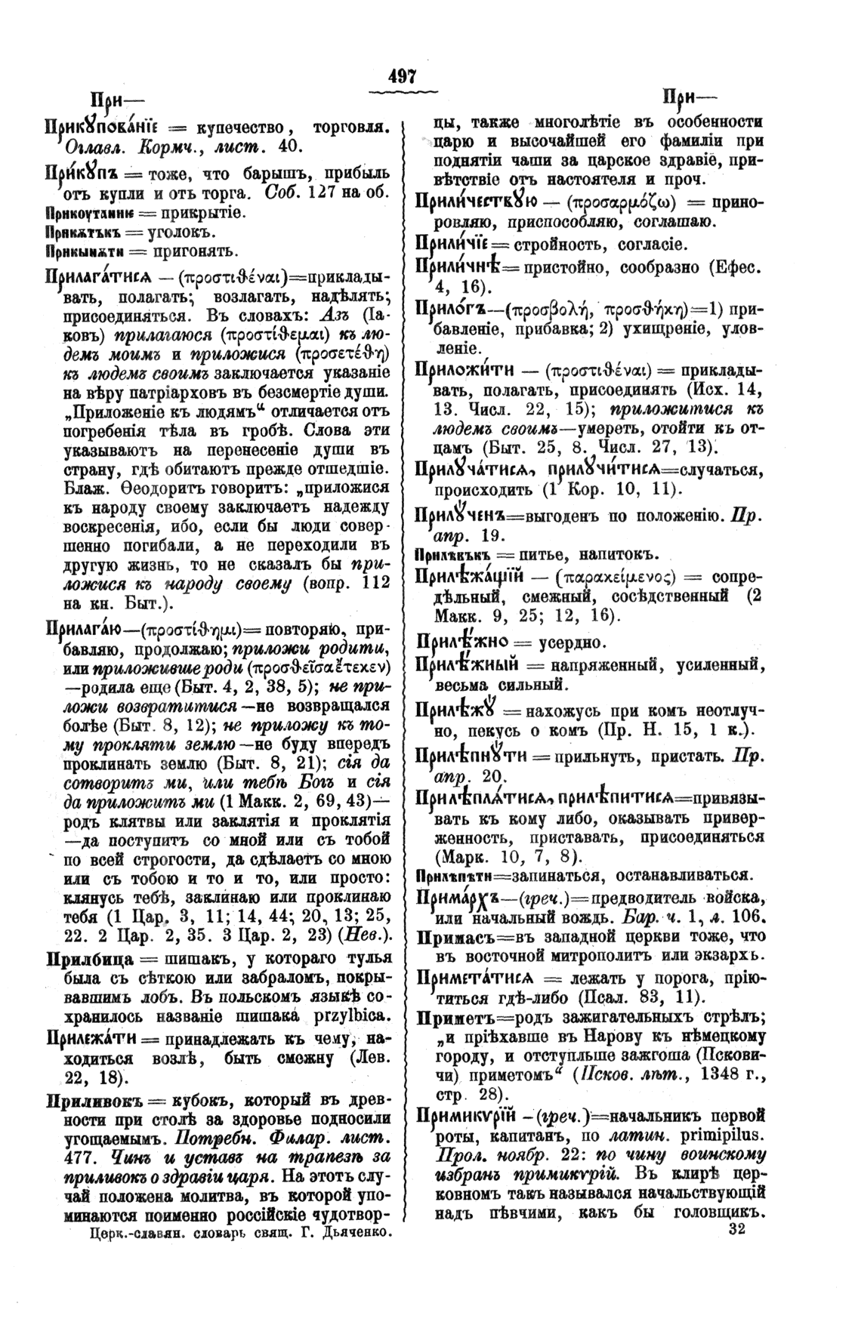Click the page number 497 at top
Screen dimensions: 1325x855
403,77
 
